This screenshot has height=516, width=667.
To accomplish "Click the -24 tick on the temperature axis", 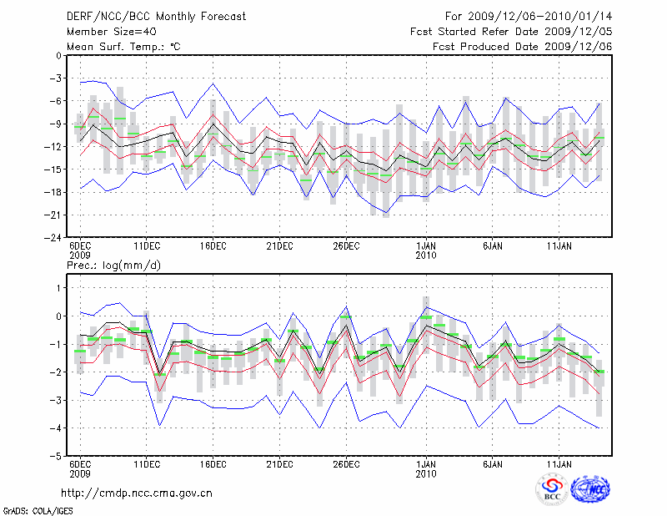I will tap(52, 238).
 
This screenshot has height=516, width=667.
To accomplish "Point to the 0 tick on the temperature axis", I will tap(57, 56).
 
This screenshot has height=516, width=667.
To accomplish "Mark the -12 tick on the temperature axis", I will tap(52, 147).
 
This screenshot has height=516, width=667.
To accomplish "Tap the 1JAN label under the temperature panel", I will tap(426, 247).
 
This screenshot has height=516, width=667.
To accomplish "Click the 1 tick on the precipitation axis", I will tap(57, 288).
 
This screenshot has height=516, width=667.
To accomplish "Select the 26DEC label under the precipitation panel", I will tap(346, 463).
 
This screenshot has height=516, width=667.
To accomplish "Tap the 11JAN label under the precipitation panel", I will tap(559, 463).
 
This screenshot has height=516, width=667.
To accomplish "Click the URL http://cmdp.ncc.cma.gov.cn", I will tap(138, 493).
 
